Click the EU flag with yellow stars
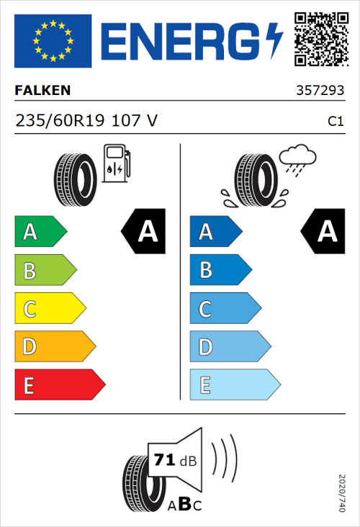[x=53, y=41]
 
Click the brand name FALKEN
[x=42, y=91]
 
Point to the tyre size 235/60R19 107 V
[x=86, y=121]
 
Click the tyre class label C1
[x=335, y=122]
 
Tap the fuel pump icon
[x=116, y=163]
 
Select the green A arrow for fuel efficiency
[x=40, y=232]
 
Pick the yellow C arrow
[x=50, y=309]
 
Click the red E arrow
[x=59, y=385]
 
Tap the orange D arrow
[x=55, y=347]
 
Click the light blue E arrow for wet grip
[x=234, y=385]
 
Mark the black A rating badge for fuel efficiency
[x=144, y=232]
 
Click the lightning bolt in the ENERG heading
[x=274, y=42]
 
